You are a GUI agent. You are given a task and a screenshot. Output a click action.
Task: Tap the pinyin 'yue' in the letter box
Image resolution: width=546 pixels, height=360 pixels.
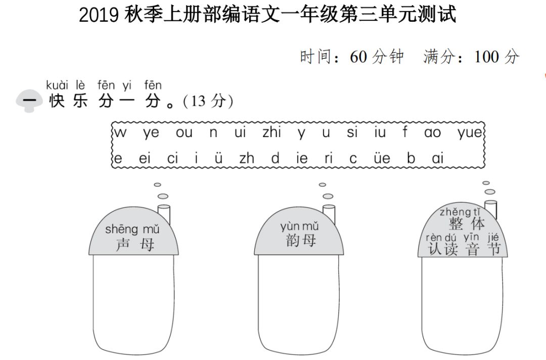click(470, 133)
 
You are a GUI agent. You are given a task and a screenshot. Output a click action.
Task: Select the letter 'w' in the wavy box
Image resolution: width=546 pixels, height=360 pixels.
click(120, 133)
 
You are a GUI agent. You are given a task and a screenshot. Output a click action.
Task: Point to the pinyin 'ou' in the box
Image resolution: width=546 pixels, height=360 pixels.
click(184, 133)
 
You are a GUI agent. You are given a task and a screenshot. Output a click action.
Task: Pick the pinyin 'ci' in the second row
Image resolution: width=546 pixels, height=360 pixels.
click(172, 158)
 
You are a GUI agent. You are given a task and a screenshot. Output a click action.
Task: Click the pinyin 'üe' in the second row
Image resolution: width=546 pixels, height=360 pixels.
click(382, 158)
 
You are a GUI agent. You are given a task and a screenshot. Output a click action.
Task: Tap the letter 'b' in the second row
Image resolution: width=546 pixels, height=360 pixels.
click(411, 158)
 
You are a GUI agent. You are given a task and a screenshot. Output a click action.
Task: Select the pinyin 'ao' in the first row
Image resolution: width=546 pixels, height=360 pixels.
click(432, 133)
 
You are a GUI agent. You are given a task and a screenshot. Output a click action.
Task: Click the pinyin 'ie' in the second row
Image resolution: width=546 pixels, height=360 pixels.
click(302, 158)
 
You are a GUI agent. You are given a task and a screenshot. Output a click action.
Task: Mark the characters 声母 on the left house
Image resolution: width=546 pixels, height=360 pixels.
click(134, 245)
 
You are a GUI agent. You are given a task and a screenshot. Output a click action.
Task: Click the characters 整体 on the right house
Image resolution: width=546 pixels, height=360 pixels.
click(466, 224)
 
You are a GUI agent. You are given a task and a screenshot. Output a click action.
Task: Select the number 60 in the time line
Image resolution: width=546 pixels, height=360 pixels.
click(358, 57)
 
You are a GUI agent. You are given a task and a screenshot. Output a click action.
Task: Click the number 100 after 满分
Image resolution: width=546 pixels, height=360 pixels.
click(486, 57)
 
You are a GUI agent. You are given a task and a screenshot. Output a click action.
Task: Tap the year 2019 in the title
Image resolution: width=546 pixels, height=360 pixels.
click(99, 15)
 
